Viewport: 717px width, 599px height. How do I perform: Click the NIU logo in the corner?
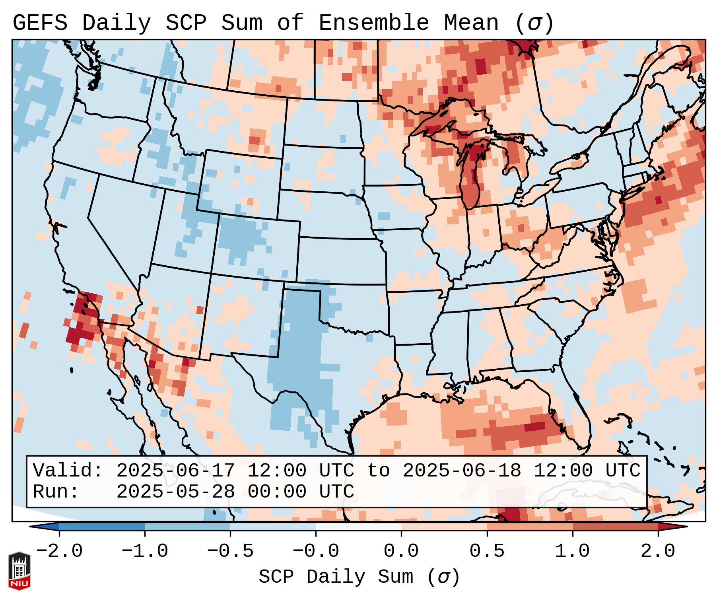pyautogui.click(x=19, y=570)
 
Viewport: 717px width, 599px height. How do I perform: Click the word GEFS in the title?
pyautogui.click(x=40, y=23)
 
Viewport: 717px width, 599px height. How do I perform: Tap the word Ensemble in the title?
pyautogui.click(x=374, y=23)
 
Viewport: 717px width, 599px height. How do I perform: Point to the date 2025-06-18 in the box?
pyautogui.click(x=462, y=471)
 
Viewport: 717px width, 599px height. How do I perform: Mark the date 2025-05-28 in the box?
pyautogui.click(x=175, y=492)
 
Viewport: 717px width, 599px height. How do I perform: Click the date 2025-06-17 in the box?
pyautogui.click(x=175, y=471)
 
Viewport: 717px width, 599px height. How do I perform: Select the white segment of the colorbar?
pyautogui.click(x=358, y=527)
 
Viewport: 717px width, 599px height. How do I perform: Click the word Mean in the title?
pyautogui.click(x=471, y=23)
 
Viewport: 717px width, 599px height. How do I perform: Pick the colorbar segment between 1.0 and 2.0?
pyautogui.click(x=615, y=527)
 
